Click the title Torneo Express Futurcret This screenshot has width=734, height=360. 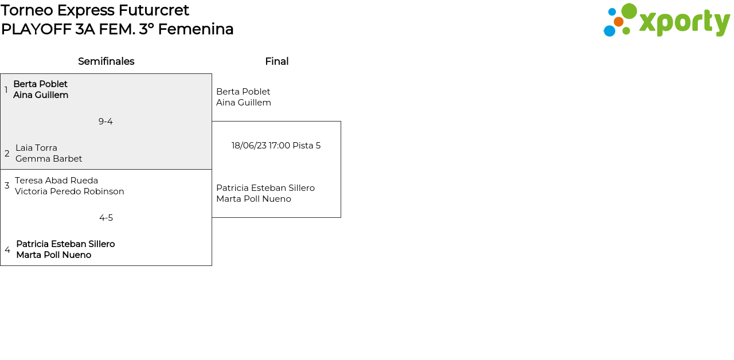(x=95, y=10)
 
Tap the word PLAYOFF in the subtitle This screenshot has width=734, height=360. (x=36, y=29)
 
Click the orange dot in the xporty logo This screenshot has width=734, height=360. (x=618, y=22)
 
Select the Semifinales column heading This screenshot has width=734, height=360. (x=106, y=61)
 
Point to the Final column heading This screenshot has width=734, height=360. (x=276, y=61)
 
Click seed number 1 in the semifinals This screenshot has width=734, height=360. (x=6, y=90)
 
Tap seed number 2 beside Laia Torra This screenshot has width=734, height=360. (x=7, y=154)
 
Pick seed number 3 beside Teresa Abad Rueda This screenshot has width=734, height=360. (x=7, y=186)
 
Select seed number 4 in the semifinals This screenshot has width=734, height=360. (x=7, y=250)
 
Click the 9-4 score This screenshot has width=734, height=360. (x=106, y=122)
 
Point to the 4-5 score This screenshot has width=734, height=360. (x=106, y=218)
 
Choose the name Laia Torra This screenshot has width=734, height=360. (x=36, y=148)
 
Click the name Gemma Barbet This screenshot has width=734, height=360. (x=49, y=159)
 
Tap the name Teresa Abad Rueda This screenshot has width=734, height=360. (x=56, y=181)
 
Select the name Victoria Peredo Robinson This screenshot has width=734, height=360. (x=69, y=191)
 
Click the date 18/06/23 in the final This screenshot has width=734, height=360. (x=249, y=146)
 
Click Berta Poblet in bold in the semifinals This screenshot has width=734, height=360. (x=40, y=84)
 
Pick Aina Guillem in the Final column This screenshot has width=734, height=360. (x=243, y=103)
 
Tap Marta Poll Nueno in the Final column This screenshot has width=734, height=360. (x=253, y=199)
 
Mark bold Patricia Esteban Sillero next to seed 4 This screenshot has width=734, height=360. (x=65, y=244)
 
